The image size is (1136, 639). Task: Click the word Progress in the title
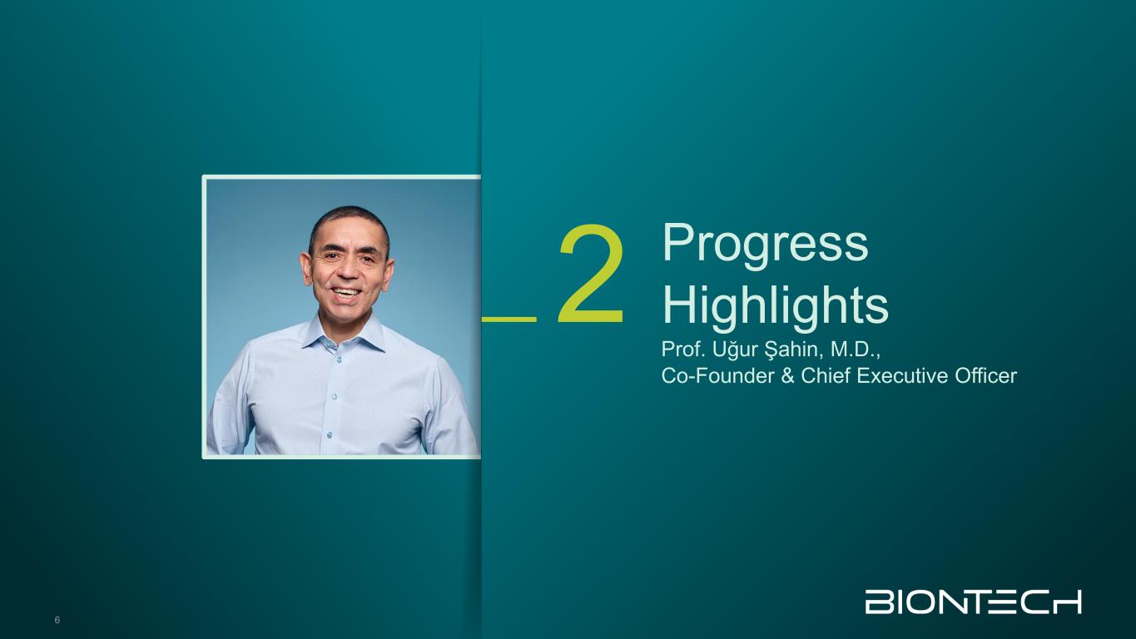(x=765, y=245)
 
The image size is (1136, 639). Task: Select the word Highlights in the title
(x=776, y=306)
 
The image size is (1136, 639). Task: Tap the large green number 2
(x=591, y=274)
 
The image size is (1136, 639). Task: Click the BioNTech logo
(x=973, y=602)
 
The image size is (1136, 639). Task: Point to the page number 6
(x=57, y=620)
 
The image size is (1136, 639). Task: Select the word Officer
(x=986, y=376)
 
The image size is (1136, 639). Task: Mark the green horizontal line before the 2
(x=508, y=319)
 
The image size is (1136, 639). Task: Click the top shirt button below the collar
(x=338, y=359)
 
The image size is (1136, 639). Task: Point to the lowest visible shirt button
(x=330, y=434)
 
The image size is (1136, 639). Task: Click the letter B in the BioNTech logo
(x=876, y=602)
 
